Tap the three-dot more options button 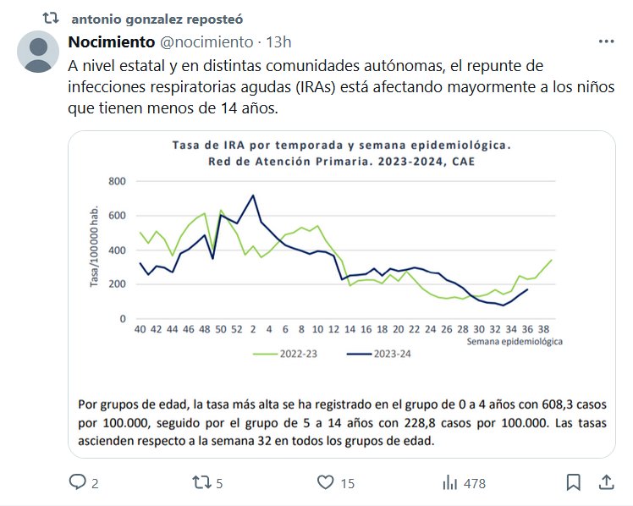606,41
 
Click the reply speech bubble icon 78,482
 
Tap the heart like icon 326,482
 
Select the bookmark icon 574,482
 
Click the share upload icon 606,481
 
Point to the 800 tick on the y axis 117,181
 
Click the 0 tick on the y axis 123,319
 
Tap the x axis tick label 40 140,330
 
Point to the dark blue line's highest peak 253,195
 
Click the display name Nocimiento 111,41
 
